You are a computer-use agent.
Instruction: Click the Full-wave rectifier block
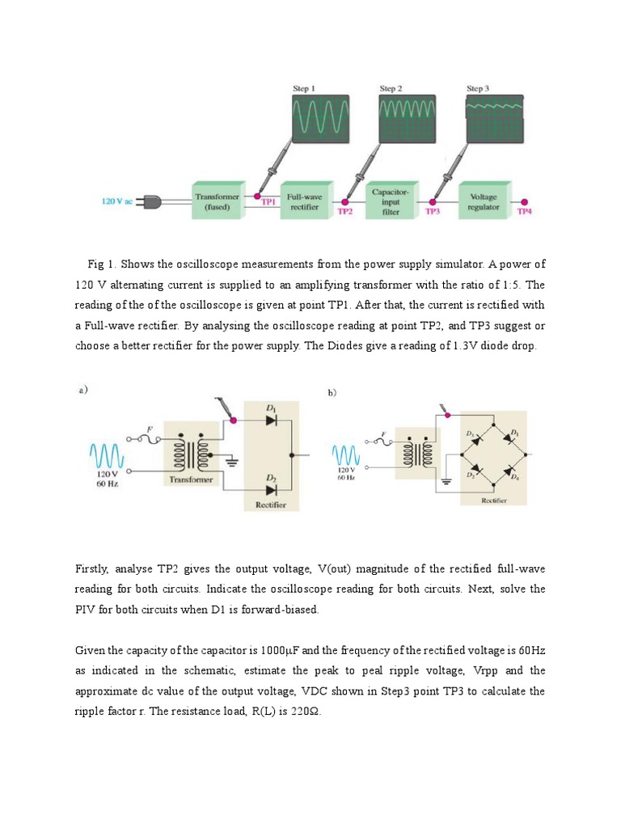pyautogui.click(x=303, y=201)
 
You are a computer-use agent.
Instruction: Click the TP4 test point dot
pyautogui.click(x=523, y=202)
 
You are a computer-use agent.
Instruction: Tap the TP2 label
pyautogui.click(x=345, y=212)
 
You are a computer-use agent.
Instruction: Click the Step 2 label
pyautogui.click(x=391, y=88)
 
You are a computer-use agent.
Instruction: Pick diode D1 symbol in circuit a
pyautogui.click(x=272, y=420)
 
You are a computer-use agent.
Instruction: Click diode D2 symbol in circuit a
pyautogui.click(x=272, y=489)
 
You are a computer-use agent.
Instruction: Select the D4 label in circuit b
pyautogui.click(x=515, y=478)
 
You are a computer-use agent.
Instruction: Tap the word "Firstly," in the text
pyautogui.click(x=95, y=569)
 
